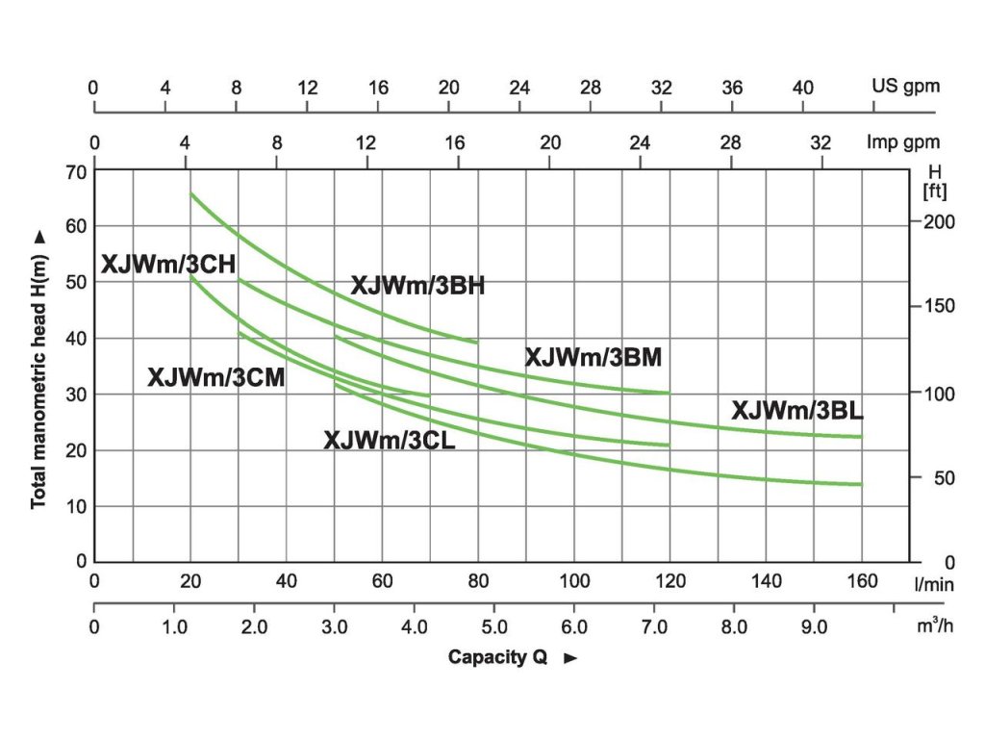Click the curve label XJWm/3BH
click(x=417, y=286)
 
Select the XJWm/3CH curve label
click(x=168, y=265)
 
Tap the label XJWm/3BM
click(x=594, y=358)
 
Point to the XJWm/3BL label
click(x=797, y=411)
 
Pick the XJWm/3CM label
click(x=215, y=378)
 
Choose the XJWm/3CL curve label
click(x=390, y=441)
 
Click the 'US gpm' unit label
click(x=905, y=87)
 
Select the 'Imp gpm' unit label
click(x=902, y=142)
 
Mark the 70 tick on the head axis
click(x=76, y=171)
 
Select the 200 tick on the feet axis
click(x=941, y=221)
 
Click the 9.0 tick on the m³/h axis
click(x=814, y=626)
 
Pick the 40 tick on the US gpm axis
click(x=803, y=87)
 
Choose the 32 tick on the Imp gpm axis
click(x=820, y=142)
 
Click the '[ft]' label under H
click(x=934, y=191)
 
